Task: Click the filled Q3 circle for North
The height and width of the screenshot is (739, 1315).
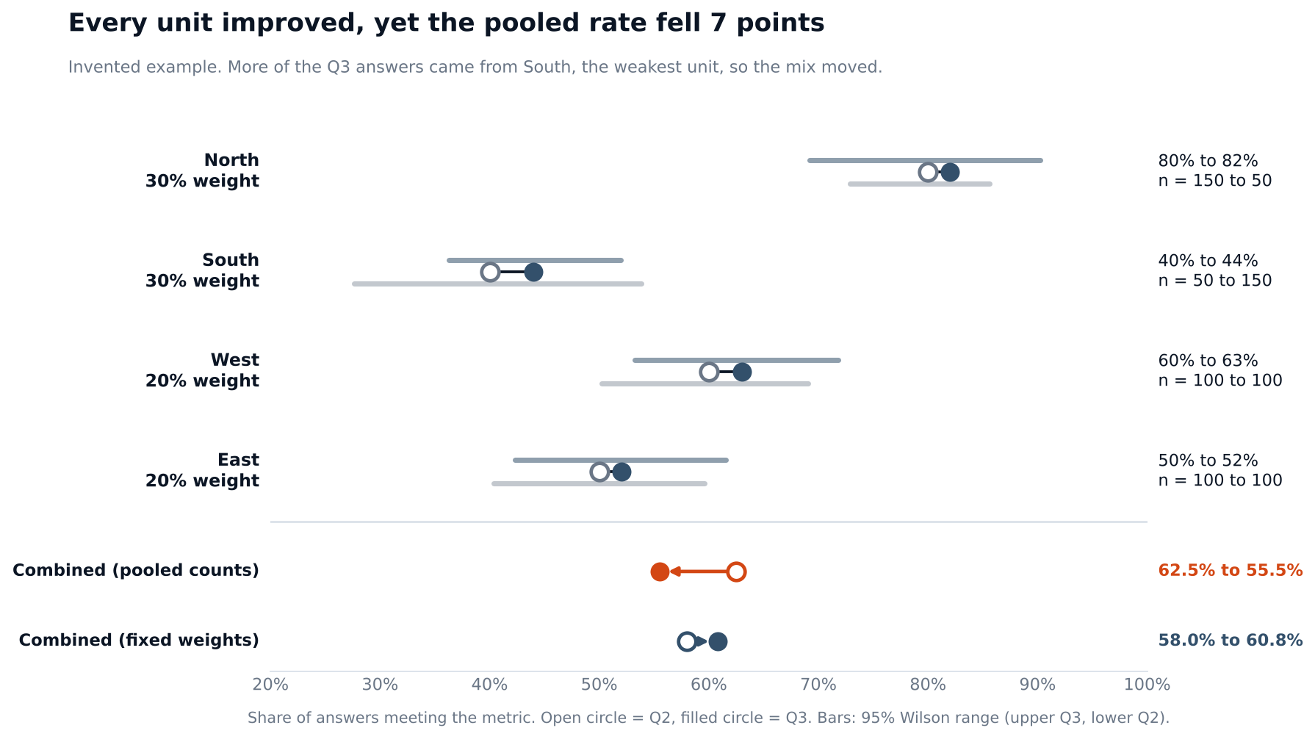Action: [x=950, y=173]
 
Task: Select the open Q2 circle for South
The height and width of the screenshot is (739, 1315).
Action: [x=490, y=273]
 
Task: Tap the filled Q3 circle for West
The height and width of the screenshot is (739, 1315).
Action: [x=742, y=372]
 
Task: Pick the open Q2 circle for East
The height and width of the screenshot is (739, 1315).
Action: [x=599, y=472]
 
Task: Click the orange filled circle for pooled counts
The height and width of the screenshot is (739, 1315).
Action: [x=660, y=572]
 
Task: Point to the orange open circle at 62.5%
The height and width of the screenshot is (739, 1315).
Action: [x=736, y=572]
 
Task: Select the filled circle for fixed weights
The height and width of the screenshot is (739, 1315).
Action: [x=718, y=642]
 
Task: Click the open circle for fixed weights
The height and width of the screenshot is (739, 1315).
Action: [x=687, y=642]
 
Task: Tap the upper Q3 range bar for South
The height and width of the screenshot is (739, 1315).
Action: [x=535, y=261]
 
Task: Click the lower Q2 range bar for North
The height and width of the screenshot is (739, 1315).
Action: [x=920, y=184]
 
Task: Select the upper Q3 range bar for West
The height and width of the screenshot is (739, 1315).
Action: [x=737, y=361]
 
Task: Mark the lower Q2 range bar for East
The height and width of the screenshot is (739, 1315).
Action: [x=599, y=484]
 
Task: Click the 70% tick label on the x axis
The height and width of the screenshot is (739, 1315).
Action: [x=818, y=685]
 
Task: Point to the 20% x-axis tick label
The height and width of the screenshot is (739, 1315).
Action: [x=270, y=685]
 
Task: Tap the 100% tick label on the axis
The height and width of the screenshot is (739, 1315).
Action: [x=1147, y=685]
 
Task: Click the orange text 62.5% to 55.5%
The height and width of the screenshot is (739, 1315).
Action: [x=1231, y=571]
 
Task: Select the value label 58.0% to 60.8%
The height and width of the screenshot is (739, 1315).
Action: [x=1231, y=641]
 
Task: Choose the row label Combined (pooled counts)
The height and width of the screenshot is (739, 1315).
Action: [x=136, y=571]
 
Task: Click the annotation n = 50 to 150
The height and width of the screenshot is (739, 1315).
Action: [x=1215, y=281]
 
